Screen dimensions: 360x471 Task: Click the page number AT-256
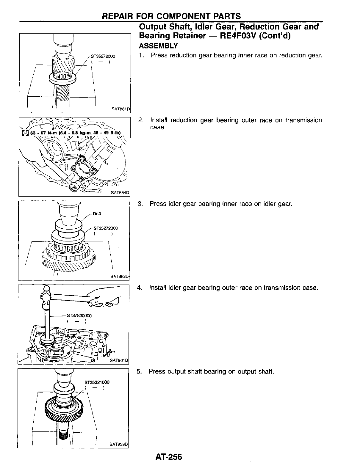168,457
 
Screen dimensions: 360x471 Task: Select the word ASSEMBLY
158,46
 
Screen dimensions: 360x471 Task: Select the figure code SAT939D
118,444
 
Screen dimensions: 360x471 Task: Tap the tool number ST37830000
79,316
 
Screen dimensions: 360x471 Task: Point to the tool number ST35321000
97,382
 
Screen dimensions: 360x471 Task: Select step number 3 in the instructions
140,204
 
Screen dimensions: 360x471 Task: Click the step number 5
139,372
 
